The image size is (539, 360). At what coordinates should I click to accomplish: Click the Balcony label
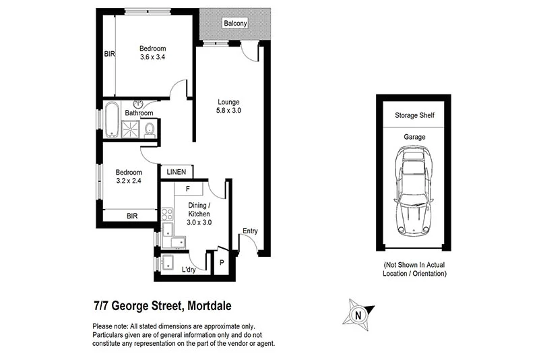[x=235, y=24]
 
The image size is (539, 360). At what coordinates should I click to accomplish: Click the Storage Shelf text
[x=414, y=116]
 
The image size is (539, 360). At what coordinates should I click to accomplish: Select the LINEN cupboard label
[x=177, y=173]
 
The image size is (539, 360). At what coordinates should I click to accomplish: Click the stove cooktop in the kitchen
[x=167, y=214]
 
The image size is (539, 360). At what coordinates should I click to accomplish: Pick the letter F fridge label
[x=187, y=189]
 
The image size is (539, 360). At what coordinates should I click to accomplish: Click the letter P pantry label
[x=222, y=263]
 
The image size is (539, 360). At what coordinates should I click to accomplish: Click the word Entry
[x=249, y=231]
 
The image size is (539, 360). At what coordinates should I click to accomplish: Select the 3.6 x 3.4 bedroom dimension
[x=152, y=57]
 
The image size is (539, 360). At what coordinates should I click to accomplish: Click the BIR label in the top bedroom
[x=108, y=53]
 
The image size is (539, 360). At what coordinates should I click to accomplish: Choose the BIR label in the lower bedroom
[x=132, y=216]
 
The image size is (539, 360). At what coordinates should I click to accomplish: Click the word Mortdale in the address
[x=208, y=306]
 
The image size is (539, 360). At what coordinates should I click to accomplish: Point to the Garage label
[x=414, y=137]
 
